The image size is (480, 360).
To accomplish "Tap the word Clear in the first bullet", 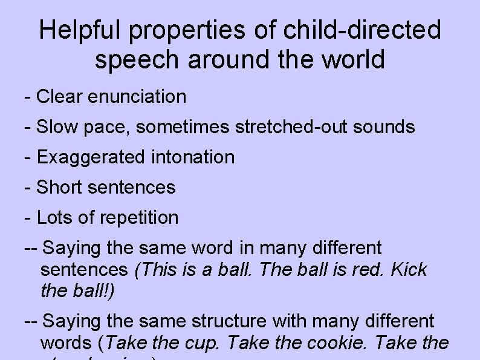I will click(59, 96).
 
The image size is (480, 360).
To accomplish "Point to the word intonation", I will click(194, 157).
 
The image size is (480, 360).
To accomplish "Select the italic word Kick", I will click(409, 269).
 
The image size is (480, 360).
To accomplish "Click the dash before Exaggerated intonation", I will click(27, 157).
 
